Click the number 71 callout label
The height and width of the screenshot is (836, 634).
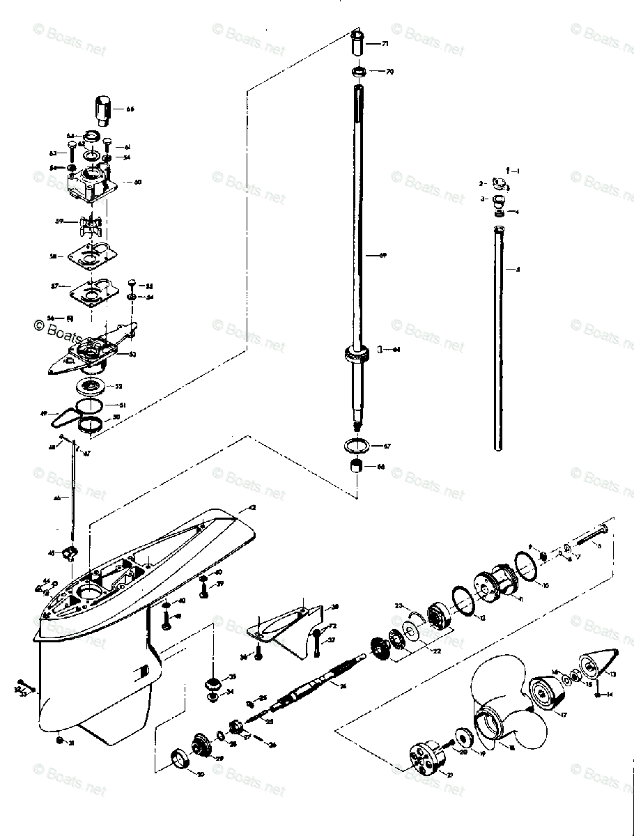(x=385, y=44)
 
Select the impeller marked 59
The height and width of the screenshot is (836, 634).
(x=91, y=227)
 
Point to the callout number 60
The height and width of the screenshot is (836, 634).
(x=137, y=182)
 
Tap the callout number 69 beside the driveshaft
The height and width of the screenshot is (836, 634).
(x=382, y=256)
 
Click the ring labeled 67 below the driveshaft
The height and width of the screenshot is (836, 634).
(x=357, y=444)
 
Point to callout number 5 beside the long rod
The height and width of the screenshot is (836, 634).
(x=516, y=269)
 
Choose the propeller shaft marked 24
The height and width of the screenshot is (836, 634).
(x=320, y=690)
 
